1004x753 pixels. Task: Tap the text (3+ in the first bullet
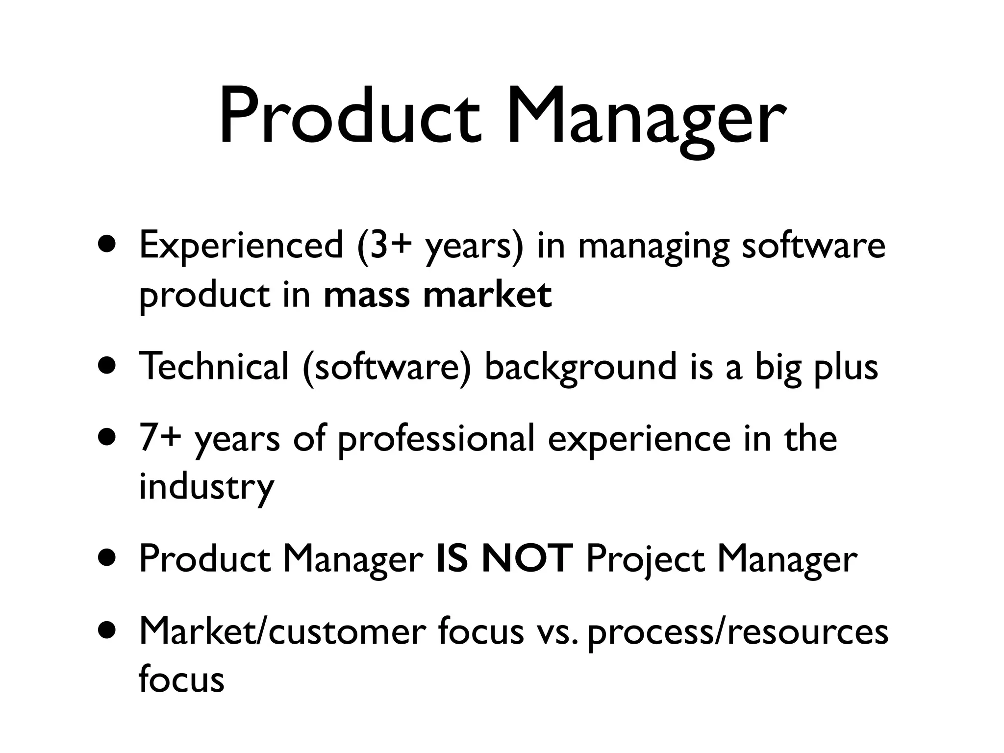[385, 247]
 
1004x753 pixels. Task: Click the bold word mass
[367, 296]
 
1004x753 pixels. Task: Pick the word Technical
[214, 366]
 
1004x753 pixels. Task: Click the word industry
[206, 487]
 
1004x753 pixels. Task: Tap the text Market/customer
[282, 631]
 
